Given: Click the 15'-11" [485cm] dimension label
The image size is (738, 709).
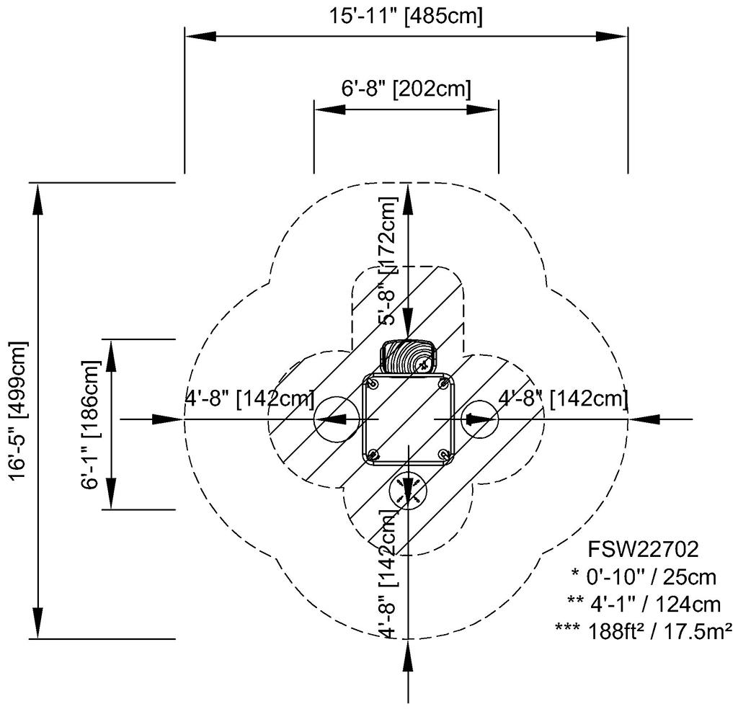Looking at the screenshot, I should click(x=406, y=16).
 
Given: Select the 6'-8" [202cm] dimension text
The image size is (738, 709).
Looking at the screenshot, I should click(x=406, y=89).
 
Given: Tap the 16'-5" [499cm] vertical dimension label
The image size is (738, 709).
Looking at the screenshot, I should click(x=17, y=411).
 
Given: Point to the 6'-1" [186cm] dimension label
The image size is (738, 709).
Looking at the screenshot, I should click(x=92, y=424).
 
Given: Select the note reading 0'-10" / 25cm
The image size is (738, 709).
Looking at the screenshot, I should click(x=644, y=576).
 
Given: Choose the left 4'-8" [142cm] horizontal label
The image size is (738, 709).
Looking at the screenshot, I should click(x=249, y=398).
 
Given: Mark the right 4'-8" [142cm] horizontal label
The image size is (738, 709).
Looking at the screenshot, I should click(x=563, y=398).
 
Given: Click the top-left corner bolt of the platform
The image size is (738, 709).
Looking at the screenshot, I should click(x=372, y=383).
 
